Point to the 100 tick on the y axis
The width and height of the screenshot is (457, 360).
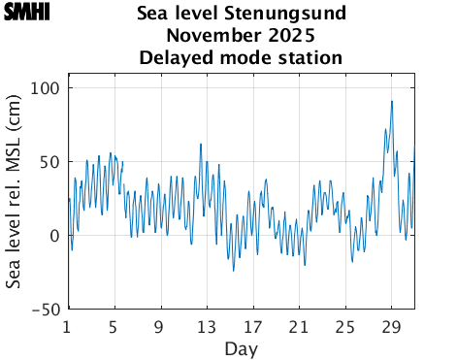(46, 88)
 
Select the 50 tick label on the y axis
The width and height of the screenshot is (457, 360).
(50, 162)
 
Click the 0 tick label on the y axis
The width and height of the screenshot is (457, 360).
(55, 236)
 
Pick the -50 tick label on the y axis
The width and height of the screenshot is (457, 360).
(47, 310)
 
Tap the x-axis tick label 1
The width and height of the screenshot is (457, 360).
(67, 326)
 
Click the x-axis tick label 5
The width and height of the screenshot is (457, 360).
(114, 326)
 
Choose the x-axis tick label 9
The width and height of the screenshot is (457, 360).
(160, 326)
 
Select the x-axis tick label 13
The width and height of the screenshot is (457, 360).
(206, 326)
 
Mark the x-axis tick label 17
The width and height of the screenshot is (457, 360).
(252, 326)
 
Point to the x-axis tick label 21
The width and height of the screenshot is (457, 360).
(299, 326)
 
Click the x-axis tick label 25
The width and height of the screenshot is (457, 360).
(345, 326)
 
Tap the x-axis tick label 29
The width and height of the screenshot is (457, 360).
(392, 326)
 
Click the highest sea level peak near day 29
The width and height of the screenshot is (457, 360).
(391, 101)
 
